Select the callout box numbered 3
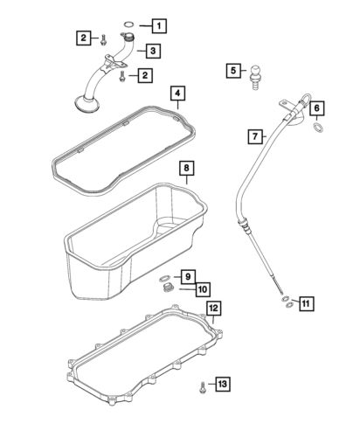click(153, 52)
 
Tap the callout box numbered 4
click(178, 93)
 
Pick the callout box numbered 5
click(234, 71)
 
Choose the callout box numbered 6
click(317, 108)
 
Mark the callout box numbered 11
click(306, 304)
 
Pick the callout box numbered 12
click(213, 309)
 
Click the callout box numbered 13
click(223, 385)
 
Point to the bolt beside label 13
click(202, 385)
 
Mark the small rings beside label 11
click(285, 304)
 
